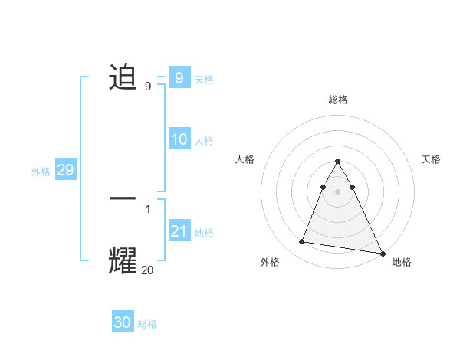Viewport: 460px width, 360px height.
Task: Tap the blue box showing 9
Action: click(x=179, y=77)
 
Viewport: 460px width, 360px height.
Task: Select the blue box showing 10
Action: click(x=179, y=139)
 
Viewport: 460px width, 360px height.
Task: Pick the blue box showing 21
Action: click(x=179, y=231)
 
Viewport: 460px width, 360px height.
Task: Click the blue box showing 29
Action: click(x=65, y=170)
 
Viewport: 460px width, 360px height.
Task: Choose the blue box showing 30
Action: click(x=123, y=322)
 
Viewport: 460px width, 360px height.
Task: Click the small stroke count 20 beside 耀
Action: click(x=148, y=270)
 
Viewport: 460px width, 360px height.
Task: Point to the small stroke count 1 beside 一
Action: click(x=148, y=208)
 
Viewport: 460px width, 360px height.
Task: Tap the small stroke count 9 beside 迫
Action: click(x=148, y=87)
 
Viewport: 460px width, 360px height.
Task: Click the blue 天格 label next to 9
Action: click(x=204, y=79)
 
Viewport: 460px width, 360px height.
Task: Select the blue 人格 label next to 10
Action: click(x=204, y=141)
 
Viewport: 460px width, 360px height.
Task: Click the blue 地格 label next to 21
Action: click(x=204, y=233)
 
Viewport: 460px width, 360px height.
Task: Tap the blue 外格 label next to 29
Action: click(x=41, y=172)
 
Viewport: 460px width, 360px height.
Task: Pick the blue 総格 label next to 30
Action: click(x=147, y=324)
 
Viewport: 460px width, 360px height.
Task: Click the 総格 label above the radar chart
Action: click(x=337, y=100)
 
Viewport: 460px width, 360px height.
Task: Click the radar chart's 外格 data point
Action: click(x=301, y=242)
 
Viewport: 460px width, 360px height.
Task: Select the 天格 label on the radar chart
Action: click(x=432, y=159)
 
